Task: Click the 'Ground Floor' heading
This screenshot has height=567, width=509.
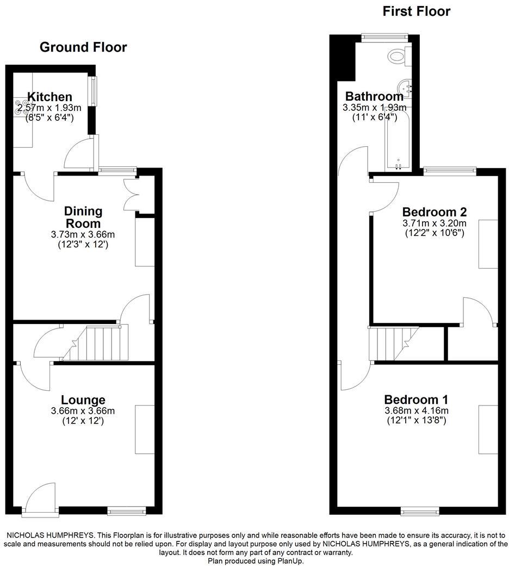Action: tap(83, 47)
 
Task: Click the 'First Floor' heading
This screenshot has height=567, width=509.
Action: tap(417, 11)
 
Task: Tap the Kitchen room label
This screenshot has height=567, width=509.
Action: tap(49, 97)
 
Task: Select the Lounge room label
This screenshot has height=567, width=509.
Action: tap(83, 400)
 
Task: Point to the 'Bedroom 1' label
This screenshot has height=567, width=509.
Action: tap(417, 398)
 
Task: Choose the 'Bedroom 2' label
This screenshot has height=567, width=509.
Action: tap(434, 212)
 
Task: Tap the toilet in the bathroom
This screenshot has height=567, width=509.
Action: tap(399, 54)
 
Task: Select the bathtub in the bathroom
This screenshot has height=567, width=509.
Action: tap(398, 139)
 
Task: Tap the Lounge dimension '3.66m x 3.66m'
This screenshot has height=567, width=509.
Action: tap(83, 411)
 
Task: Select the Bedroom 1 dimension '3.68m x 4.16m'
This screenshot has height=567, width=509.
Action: tap(417, 410)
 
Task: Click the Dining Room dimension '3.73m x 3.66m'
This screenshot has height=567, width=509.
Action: tap(83, 234)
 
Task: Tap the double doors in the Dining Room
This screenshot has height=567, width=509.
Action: tap(131, 194)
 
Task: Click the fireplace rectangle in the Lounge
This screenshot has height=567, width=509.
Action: tap(145, 429)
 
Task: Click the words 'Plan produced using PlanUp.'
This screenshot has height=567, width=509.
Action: tap(255, 561)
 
